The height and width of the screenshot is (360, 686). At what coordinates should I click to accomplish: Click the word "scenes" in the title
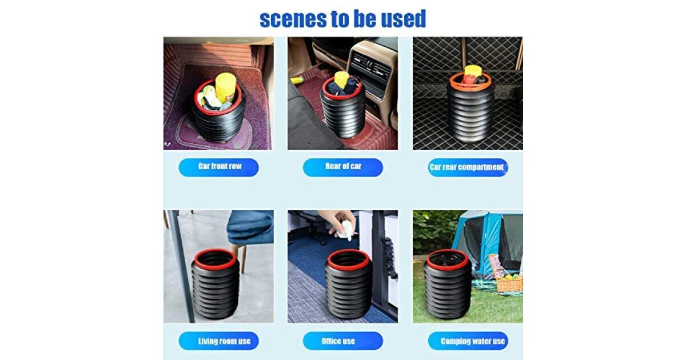[x=289, y=19]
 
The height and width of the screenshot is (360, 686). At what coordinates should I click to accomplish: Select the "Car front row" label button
[x=218, y=167]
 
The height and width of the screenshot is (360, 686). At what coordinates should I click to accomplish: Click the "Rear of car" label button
[x=342, y=167]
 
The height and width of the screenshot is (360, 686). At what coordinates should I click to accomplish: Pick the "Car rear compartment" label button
[x=468, y=167]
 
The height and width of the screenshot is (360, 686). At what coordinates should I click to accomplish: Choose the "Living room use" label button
[x=218, y=341]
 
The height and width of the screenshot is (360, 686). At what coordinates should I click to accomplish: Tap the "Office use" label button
[x=342, y=341]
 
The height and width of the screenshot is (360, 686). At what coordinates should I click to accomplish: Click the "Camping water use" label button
[x=468, y=341]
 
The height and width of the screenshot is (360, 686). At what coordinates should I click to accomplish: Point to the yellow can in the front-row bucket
[x=226, y=88]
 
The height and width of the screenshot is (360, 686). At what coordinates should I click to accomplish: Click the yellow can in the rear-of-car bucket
[x=341, y=79]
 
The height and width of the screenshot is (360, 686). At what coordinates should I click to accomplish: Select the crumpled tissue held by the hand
[x=345, y=230]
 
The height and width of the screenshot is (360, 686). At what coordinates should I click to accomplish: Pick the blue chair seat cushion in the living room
[x=250, y=226]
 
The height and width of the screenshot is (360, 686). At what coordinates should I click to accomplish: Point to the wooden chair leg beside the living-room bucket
[x=244, y=259]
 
